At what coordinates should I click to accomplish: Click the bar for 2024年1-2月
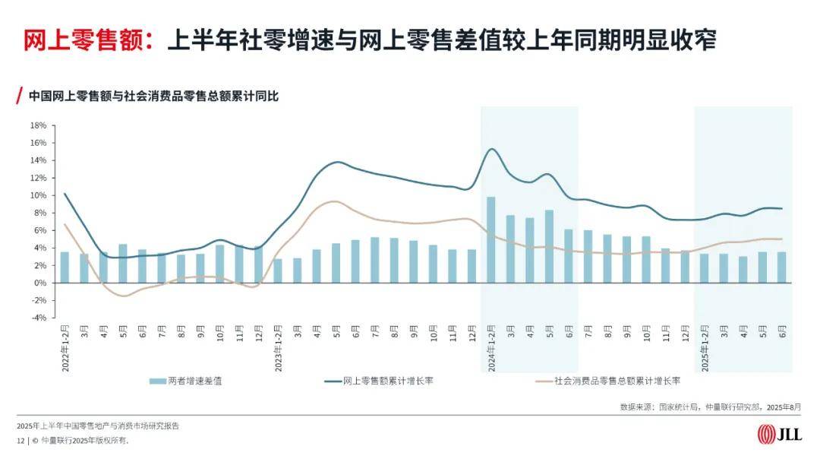click(490, 240)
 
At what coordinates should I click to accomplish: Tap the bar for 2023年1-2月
click(278, 271)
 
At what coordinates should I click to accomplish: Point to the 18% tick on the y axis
click(39, 125)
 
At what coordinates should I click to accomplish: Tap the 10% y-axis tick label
click(39, 195)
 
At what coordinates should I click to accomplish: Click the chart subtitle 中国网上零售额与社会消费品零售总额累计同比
click(153, 97)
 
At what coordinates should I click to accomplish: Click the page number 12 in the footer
click(20, 440)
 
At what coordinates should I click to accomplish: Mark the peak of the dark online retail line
click(491, 149)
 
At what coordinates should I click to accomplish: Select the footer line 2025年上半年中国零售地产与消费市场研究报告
click(98, 426)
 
